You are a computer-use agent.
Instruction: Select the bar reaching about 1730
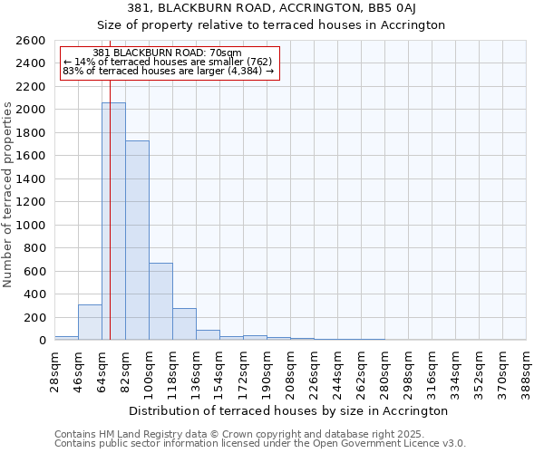coord(137,240)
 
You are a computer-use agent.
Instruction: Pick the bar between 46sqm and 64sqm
coord(90,323)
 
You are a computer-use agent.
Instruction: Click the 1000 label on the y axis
coord(34,225)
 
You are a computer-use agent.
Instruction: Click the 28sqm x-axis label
coord(55,368)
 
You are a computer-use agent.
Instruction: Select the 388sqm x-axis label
coord(527,368)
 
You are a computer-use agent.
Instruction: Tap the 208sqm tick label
coord(291,368)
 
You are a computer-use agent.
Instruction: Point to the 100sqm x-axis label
coord(150,368)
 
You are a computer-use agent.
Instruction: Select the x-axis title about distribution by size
coord(288,410)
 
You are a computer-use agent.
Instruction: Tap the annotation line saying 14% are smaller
coord(167,62)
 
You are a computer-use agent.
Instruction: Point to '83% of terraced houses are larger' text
coord(168,71)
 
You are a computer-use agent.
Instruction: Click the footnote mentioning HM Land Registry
coord(258,435)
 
